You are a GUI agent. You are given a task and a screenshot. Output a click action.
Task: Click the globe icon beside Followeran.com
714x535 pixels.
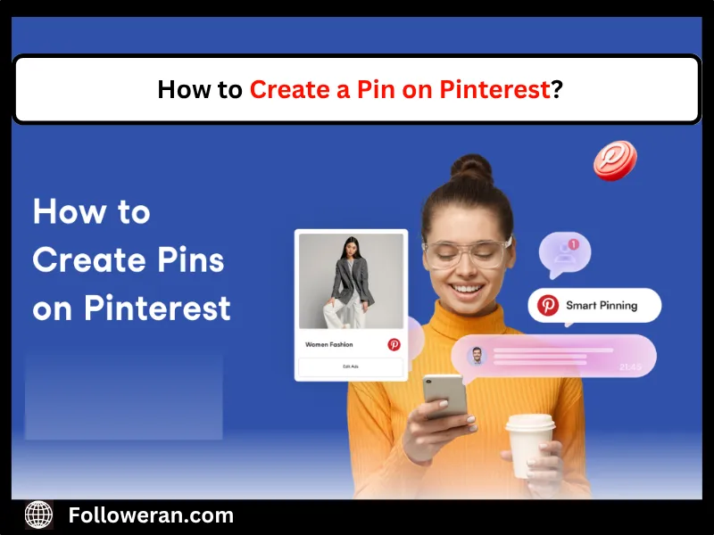tap(38, 514)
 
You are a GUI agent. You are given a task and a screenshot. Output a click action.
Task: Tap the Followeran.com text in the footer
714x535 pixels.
tap(151, 514)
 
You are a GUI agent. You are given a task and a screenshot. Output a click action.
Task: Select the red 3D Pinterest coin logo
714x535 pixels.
tap(615, 161)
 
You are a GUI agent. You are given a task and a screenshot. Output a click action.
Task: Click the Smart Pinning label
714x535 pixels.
tap(602, 305)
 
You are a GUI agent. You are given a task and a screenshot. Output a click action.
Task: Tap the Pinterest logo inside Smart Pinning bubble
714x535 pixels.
tap(548, 305)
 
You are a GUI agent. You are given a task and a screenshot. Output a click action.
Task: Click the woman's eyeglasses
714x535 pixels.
tap(466, 251)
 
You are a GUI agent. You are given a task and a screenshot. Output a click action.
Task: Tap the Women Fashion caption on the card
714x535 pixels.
tap(328, 344)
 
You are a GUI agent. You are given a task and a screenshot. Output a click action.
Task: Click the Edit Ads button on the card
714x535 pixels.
tap(351, 366)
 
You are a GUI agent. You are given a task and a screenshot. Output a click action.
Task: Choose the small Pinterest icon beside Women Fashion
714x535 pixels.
tap(394, 344)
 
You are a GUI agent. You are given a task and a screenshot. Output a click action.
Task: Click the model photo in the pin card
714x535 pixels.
tap(351, 281)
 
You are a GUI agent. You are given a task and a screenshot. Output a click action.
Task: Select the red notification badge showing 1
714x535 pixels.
tap(574, 243)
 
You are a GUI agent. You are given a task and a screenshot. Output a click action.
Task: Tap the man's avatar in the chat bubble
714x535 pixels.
tap(476, 356)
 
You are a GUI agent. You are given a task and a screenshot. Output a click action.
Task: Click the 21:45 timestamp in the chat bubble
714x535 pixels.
tap(630, 366)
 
